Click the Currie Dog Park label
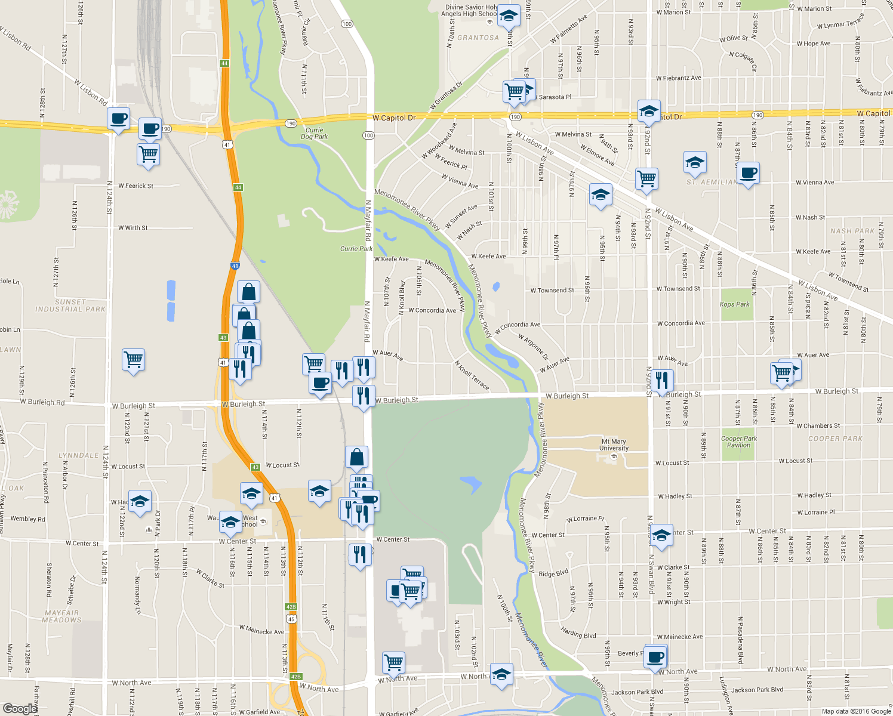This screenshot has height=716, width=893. tap(314, 133)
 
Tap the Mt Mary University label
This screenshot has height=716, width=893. tap(614, 445)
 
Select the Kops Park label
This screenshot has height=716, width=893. tap(734, 304)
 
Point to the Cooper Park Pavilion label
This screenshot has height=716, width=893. tap(739, 442)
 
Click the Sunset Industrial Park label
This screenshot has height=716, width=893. tap(70, 305)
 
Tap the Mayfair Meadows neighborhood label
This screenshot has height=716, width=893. tap(61, 616)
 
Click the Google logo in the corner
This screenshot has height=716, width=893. tap(20, 708)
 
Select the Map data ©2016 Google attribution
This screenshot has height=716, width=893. tap(856, 711)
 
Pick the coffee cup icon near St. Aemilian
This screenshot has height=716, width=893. tap(748, 174)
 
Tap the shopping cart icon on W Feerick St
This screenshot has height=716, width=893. tap(148, 153)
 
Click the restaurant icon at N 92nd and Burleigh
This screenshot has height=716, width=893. tap(661, 379)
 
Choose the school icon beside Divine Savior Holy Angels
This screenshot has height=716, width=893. tap(508, 16)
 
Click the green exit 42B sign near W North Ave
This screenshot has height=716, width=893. tap(295, 677)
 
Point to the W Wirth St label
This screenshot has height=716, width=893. tap(133, 228)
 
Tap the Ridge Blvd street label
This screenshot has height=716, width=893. tap(553, 573)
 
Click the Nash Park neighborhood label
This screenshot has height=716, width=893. tap(852, 231)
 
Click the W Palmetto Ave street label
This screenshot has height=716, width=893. tap(568, 29)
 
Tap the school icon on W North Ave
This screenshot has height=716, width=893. tap(501, 674)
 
